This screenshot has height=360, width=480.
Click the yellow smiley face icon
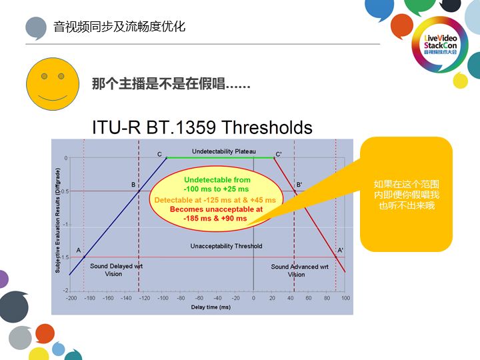pyautogui.click(x=53, y=85)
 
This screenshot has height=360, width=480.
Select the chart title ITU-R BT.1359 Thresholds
pyautogui.click(x=202, y=127)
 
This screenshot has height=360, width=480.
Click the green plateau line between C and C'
pyautogui.click(x=220, y=158)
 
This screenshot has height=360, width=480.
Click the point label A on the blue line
pyautogui.click(x=79, y=251)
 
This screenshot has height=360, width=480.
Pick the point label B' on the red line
pyautogui.click(x=299, y=185)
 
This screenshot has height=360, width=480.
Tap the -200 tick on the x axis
pyautogui.click(x=70, y=298)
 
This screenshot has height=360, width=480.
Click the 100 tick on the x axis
pyautogui.click(x=345, y=298)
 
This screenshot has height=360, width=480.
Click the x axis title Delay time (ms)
pyautogui.click(x=210, y=307)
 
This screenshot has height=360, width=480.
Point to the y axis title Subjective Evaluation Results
pyautogui.click(x=58, y=220)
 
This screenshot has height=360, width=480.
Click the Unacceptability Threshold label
pyautogui.click(x=226, y=246)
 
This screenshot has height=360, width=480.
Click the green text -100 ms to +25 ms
pyautogui.click(x=217, y=189)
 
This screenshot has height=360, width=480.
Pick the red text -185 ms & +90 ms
pyautogui.click(x=217, y=218)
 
